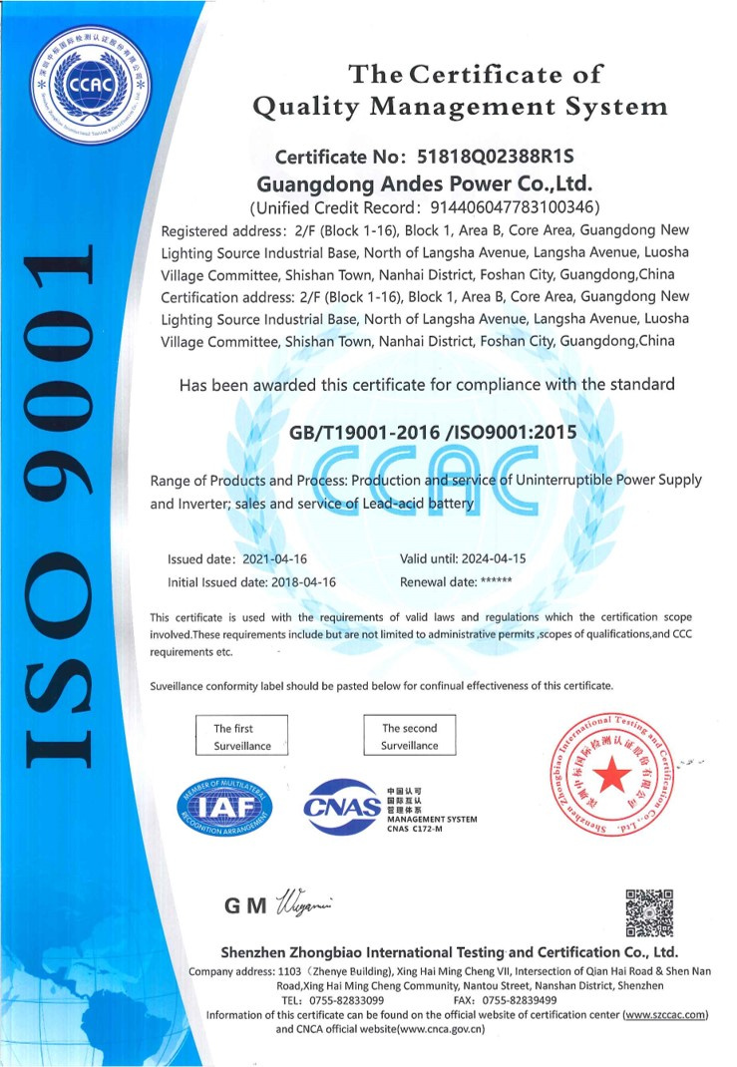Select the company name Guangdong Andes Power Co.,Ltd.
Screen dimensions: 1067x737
425,183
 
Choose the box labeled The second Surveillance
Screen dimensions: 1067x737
409,736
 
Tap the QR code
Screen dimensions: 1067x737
649,912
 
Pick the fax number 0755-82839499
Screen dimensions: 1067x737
519,999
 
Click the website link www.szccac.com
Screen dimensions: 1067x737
665,1014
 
